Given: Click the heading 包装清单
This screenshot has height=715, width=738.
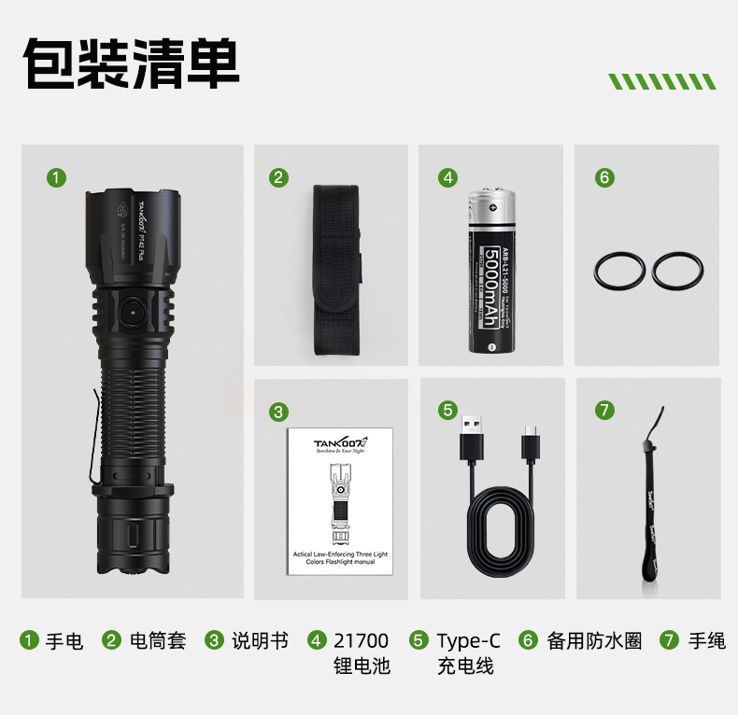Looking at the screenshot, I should pos(131,63).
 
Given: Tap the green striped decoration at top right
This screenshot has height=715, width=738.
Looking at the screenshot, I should pos(661,81).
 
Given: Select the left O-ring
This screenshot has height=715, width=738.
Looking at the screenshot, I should pos(619,271).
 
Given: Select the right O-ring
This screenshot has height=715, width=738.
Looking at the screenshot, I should pos(677,271).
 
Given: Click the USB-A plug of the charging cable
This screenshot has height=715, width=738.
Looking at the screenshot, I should pos(471,444).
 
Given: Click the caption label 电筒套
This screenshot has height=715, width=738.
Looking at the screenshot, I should pos(158,641).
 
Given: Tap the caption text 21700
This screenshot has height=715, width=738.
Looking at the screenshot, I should pos(361,641).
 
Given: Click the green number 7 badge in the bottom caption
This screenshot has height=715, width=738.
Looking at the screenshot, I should pos(669,641).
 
